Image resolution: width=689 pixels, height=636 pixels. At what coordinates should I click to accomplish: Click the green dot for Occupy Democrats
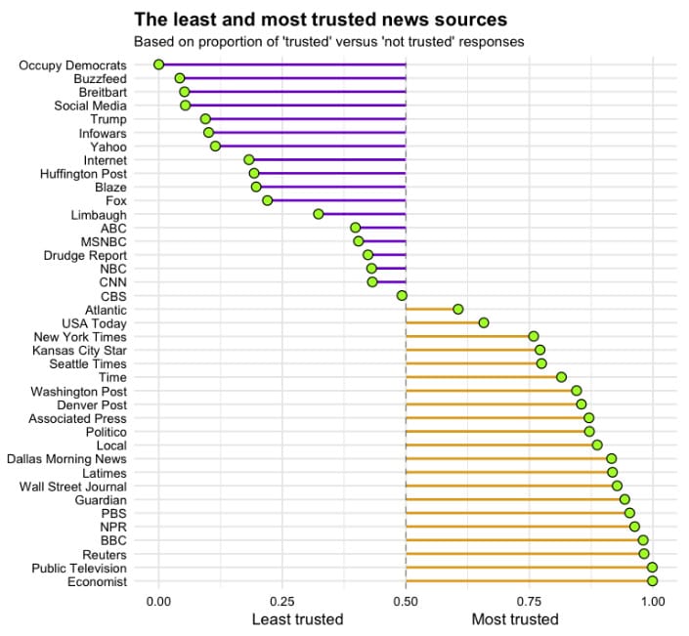(x=158, y=64)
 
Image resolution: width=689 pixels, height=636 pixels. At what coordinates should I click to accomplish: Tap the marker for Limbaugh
(x=319, y=214)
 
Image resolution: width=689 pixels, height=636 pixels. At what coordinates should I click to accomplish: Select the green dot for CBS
(x=402, y=295)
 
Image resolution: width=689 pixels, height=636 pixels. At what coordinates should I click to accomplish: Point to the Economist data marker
(x=653, y=581)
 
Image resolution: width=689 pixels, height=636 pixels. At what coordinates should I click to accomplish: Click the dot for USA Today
(x=484, y=322)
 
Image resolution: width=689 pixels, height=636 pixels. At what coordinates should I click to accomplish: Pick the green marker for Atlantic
(x=458, y=309)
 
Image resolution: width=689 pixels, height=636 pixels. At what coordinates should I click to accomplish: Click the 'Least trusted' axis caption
(x=297, y=619)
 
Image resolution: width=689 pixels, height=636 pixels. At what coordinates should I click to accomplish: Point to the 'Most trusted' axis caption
(x=515, y=619)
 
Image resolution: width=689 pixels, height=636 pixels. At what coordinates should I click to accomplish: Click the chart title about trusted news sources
(x=321, y=20)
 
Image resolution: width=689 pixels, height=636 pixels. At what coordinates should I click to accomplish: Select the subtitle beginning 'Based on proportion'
(x=328, y=42)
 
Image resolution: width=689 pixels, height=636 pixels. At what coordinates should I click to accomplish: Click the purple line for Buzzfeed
(x=293, y=78)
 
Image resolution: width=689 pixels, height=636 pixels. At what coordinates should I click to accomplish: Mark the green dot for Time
(x=562, y=377)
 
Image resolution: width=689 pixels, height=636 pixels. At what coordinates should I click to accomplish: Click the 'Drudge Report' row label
(x=85, y=255)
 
